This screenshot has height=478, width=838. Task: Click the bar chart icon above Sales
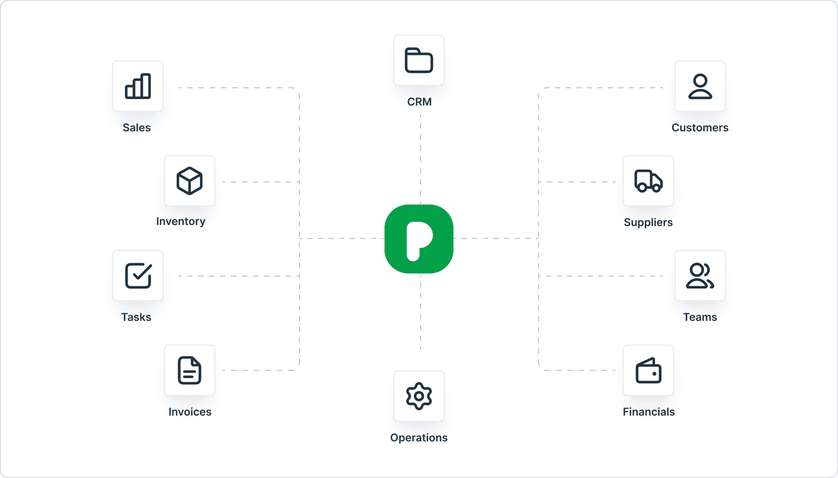pyautogui.click(x=138, y=86)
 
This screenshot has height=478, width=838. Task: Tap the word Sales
pyautogui.click(x=137, y=128)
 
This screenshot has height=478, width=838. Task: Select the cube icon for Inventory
pyautogui.click(x=190, y=181)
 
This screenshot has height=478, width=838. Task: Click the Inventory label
pyautogui.click(x=181, y=221)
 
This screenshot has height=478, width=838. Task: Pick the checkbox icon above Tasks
pyautogui.click(x=138, y=276)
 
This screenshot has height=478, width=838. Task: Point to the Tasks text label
pyautogui.click(x=136, y=317)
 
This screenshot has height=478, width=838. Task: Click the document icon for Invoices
pyautogui.click(x=190, y=370)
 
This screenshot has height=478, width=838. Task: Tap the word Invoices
pyautogui.click(x=190, y=412)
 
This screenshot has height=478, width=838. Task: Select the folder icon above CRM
pyautogui.click(x=419, y=60)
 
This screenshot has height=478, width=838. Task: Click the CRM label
pyautogui.click(x=420, y=102)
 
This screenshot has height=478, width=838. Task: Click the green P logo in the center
pyautogui.click(x=419, y=239)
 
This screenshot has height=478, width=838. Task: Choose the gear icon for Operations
pyautogui.click(x=419, y=396)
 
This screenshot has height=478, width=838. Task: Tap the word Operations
pyautogui.click(x=419, y=438)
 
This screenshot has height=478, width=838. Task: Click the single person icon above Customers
pyautogui.click(x=700, y=86)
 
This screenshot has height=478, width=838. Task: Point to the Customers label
pyautogui.click(x=700, y=128)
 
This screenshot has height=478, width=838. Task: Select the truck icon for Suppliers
pyautogui.click(x=648, y=181)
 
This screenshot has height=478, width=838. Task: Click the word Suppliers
pyautogui.click(x=648, y=222)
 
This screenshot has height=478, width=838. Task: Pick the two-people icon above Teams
pyautogui.click(x=700, y=276)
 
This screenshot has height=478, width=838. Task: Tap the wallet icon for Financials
pyautogui.click(x=648, y=370)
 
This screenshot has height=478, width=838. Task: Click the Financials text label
pyautogui.click(x=649, y=412)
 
